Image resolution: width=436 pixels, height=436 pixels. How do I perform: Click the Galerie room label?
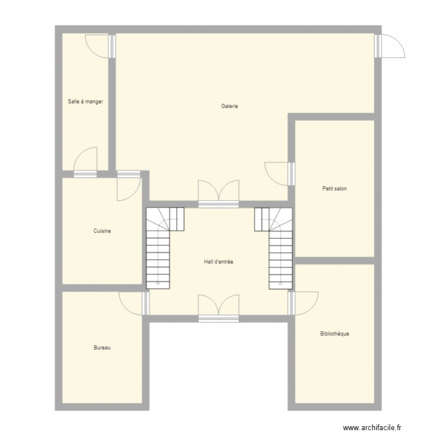[x=230, y=106]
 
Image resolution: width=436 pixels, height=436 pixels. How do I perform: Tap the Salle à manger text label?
[x=85, y=101]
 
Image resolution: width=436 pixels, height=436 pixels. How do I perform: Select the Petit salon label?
[x=334, y=188]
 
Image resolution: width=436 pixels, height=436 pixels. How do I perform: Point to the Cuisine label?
[x=102, y=231]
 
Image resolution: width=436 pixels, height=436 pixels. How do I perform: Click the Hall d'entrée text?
[x=218, y=262]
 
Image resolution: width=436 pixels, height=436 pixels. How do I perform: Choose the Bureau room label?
[x=102, y=348]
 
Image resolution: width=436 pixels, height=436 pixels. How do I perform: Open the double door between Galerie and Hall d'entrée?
[x=218, y=195]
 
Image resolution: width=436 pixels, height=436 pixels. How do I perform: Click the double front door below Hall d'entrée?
[x=218, y=308]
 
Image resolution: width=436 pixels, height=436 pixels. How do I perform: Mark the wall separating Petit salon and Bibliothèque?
[x=334, y=260]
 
